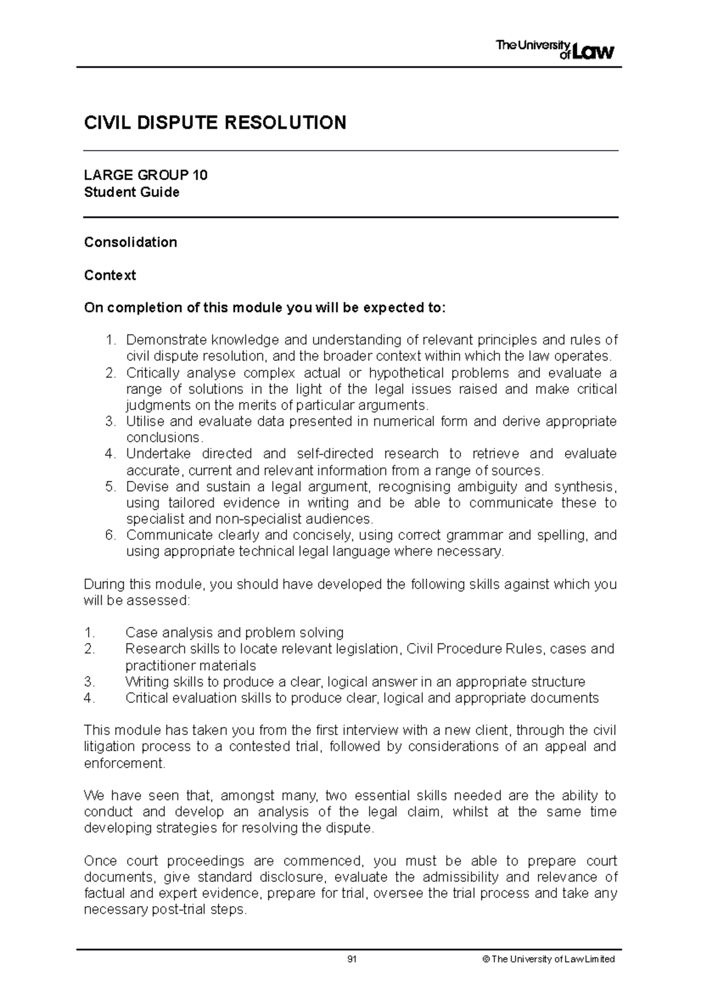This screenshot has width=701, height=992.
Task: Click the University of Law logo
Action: [x=555, y=50]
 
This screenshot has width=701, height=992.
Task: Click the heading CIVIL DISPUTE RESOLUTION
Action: [x=215, y=123]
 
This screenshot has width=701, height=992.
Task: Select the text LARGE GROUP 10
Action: [x=145, y=175]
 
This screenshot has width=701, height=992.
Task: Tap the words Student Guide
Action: [x=131, y=192]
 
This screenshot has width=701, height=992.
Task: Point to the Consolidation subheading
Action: [x=130, y=242]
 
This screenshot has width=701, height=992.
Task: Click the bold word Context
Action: [x=110, y=275]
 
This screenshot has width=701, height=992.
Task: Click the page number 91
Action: [x=352, y=959]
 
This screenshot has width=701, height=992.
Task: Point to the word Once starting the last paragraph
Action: [x=100, y=861]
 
